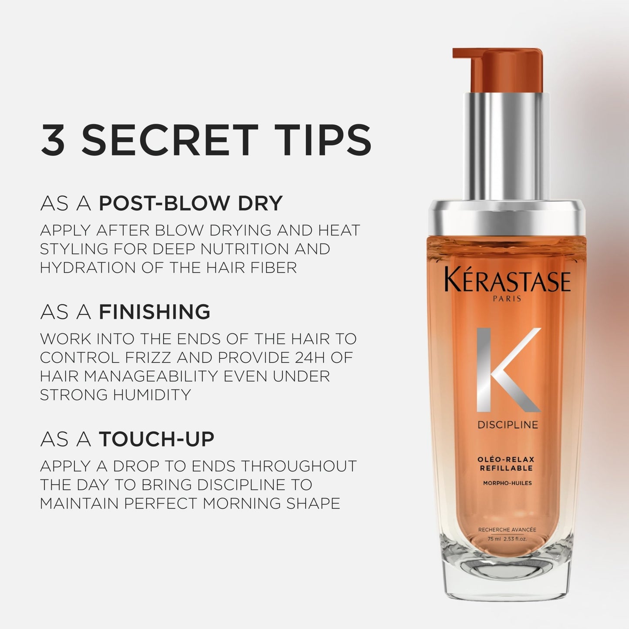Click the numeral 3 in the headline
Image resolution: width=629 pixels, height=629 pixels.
pyautogui.click(x=53, y=140)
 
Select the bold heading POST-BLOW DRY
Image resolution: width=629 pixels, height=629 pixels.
pyautogui.click(x=191, y=203)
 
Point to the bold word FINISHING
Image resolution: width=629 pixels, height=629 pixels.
pyautogui.click(x=155, y=312)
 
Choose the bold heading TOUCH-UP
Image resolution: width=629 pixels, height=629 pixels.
pyautogui.click(x=157, y=439)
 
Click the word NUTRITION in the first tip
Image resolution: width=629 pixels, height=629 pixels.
pyautogui.click(x=245, y=249)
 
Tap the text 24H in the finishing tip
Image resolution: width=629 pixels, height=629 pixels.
pyautogui.click(x=296, y=358)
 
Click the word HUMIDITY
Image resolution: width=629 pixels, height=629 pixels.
pyautogui.click(x=152, y=395)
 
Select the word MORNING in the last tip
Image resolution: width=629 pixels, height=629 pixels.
pyautogui.click(x=241, y=503)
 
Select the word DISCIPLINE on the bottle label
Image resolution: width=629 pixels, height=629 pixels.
pyautogui.click(x=508, y=425)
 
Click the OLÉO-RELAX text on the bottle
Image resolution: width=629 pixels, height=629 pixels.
pyautogui.click(x=506, y=459)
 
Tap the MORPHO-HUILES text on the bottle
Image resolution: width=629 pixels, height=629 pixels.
pyautogui.click(x=507, y=483)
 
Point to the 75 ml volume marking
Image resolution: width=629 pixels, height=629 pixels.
pyautogui.click(x=494, y=539)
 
